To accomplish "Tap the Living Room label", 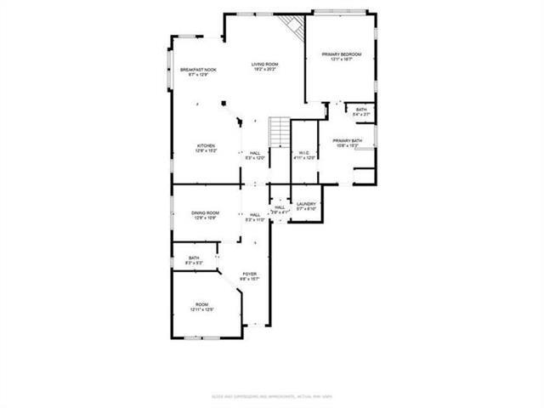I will pos(264,64).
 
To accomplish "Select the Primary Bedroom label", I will pos(341,55).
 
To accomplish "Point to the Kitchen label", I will pos(207,145).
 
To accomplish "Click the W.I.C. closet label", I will pos(304,153).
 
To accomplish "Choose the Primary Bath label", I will pos(348,140).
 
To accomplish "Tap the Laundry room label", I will pos(306,204).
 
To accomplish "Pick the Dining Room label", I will pos(206,212).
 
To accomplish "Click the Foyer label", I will pos(249,273).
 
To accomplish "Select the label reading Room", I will pos(201,304).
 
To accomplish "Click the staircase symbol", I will pos(280,132).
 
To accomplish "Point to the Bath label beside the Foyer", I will pos(194,258).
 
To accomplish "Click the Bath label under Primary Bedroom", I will pos(361,110).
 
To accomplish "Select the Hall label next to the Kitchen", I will pos(255,153).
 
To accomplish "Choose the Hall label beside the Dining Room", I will pos(255,215).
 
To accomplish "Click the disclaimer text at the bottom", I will pos(272,397).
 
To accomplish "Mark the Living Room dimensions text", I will pos(264,70).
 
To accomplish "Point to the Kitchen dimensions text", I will pos(207,151).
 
